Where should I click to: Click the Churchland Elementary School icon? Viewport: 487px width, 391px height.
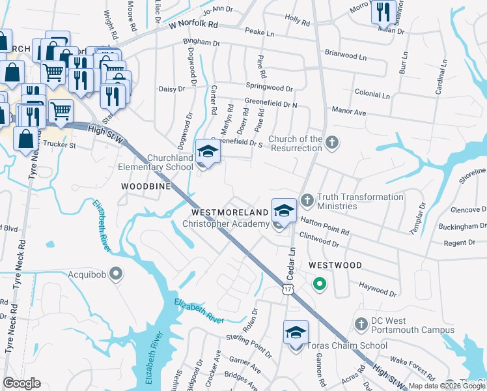pyautogui.click(x=208, y=152)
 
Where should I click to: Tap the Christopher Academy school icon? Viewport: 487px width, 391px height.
pyautogui.click(x=284, y=211)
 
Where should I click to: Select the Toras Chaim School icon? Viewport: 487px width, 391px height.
pyautogui.click(x=296, y=333)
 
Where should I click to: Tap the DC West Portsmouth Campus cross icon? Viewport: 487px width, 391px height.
pyautogui.click(x=361, y=324)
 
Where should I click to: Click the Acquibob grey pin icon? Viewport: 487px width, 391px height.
pyautogui.click(x=115, y=274)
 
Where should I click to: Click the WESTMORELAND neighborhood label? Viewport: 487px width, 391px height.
pyautogui.click(x=230, y=213)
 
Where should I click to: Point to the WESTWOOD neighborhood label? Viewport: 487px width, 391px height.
pyautogui.click(x=335, y=265)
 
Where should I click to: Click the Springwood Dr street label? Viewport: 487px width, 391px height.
pyautogui.click(x=269, y=87)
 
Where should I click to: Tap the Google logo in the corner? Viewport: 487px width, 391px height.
pyautogui.click(x=21, y=383)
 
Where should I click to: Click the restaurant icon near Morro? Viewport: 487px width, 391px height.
pyautogui.click(x=383, y=11)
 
